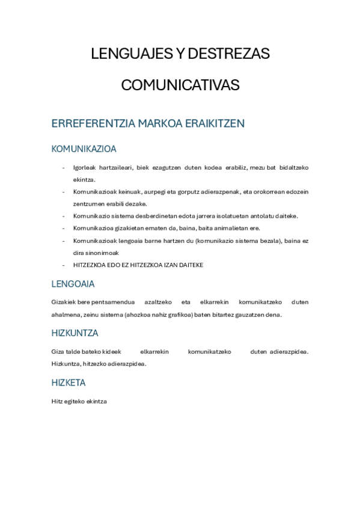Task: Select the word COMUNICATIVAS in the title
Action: [180, 85]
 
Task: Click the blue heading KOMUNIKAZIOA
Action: [84, 149]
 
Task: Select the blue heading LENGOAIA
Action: [73, 284]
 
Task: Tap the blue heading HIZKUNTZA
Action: [75, 333]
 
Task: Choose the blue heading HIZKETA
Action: [69, 382]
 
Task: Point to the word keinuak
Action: [129, 192]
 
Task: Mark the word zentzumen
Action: [88, 203]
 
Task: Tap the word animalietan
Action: [227, 229]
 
